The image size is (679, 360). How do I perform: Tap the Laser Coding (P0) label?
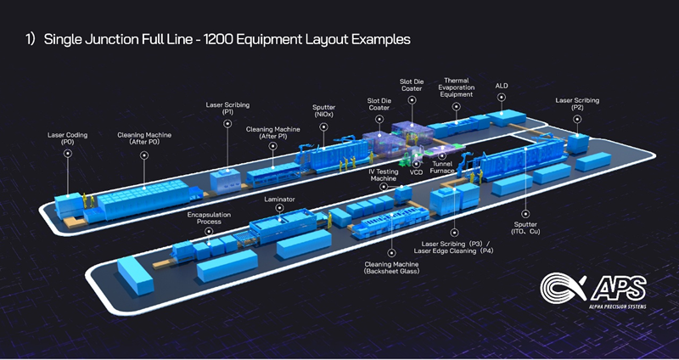point(67,138)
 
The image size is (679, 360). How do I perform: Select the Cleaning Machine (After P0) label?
point(138,138)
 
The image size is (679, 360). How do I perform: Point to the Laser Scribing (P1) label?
point(227,108)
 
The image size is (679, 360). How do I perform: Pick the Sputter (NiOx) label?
point(324,111)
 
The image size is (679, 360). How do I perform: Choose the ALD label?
point(502,86)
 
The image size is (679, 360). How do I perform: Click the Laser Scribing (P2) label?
point(577,104)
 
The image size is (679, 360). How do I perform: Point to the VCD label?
point(416,172)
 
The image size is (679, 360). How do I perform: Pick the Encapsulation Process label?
point(209,218)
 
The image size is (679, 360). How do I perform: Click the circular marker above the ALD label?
point(502,98)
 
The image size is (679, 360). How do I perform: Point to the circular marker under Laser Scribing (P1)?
point(227,123)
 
